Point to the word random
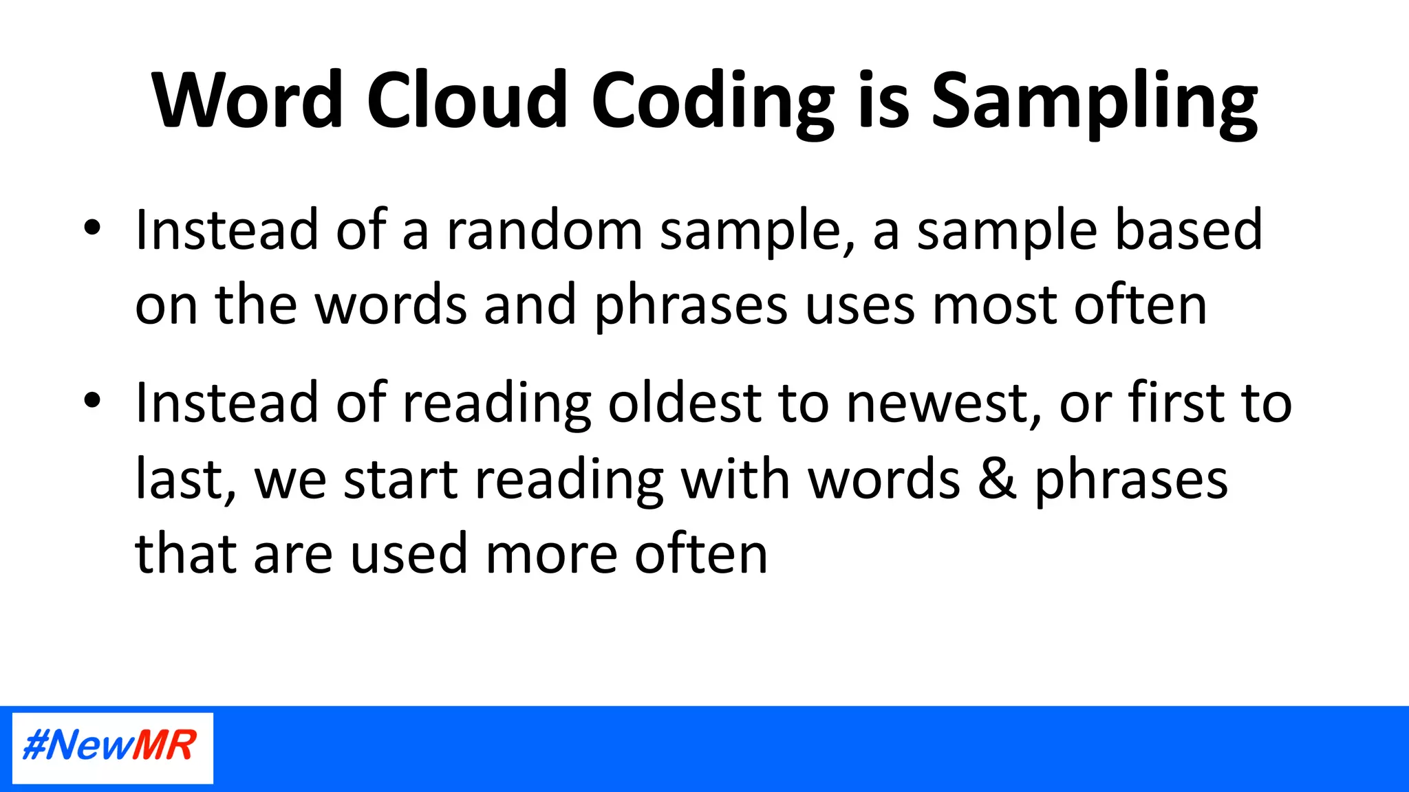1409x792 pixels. (x=544, y=230)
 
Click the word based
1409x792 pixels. (x=1188, y=230)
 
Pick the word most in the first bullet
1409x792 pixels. (x=993, y=306)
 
